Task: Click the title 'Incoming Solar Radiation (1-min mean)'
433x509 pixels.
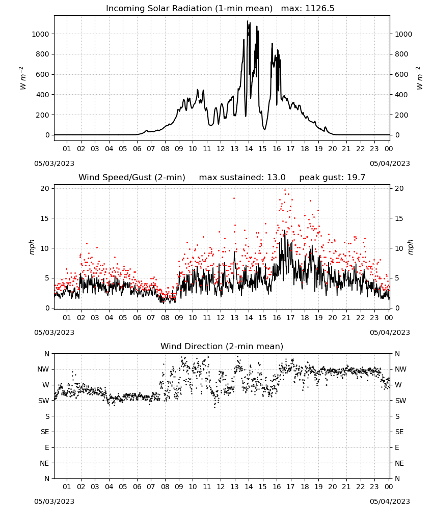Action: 189,9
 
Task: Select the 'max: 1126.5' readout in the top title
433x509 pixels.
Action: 308,9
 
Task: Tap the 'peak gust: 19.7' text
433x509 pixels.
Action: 332,178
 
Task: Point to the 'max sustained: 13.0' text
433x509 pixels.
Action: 242,178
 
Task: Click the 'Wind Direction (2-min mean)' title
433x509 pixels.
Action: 222,346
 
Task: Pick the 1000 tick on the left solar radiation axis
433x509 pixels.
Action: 40,34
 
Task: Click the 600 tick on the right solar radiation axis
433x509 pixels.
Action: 401,74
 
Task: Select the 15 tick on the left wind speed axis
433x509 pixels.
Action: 45,218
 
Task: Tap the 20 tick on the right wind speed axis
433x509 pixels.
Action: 399,189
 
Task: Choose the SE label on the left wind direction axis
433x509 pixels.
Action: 45,432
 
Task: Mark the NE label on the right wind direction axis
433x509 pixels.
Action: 399,463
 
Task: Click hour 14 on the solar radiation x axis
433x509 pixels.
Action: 249,149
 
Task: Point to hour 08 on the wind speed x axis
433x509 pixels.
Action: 165,318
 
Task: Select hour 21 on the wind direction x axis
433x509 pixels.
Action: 346,487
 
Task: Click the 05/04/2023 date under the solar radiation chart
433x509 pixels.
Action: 390,163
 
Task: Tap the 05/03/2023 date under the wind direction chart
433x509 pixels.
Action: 54,501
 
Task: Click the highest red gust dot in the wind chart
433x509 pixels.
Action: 285,190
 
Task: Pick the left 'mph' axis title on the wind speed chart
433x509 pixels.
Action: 32,247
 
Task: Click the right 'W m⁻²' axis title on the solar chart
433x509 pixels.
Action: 419,78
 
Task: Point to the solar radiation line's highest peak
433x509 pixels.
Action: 248,21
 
